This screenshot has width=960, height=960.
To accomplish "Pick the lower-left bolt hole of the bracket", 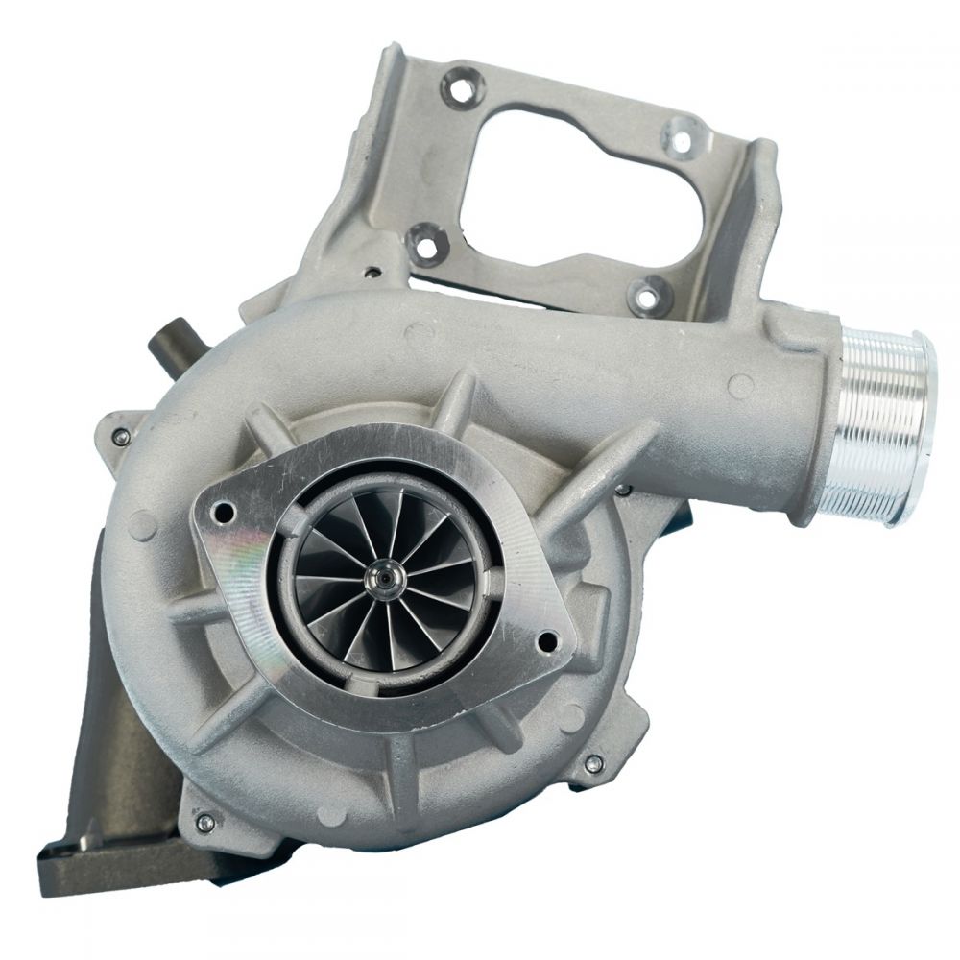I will pos(420,236).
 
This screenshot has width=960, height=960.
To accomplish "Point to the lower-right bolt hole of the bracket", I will pos(646,292).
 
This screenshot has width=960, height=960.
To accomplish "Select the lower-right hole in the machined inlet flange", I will pos(547,639).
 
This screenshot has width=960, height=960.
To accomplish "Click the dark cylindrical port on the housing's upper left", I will pos(170,344).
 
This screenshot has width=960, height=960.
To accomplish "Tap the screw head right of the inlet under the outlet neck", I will pos(624,491).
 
